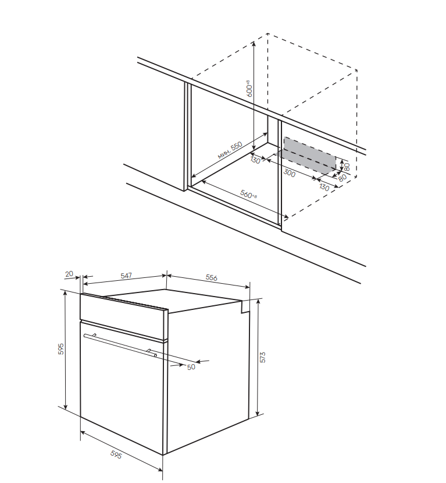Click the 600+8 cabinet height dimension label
click(249, 89)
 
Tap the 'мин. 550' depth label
click(230, 150)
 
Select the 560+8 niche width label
click(248, 194)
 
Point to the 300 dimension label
click(289, 173)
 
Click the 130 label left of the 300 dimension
click(255, 160)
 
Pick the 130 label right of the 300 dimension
click(324, 186)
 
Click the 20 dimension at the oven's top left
click(69, 273)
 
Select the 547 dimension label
click(126, 276)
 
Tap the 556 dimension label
click(212, 277)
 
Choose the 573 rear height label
click(262, 357)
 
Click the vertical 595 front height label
click(61, 348)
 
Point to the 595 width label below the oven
click(116, 454)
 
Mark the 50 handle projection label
click(191, 367)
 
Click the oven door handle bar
click(120, 345)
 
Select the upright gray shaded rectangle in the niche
click(310, 154)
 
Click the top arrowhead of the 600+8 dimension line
click(254, 44)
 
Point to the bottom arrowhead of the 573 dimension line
click(258, 413)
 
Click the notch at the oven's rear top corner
click(245, 307)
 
